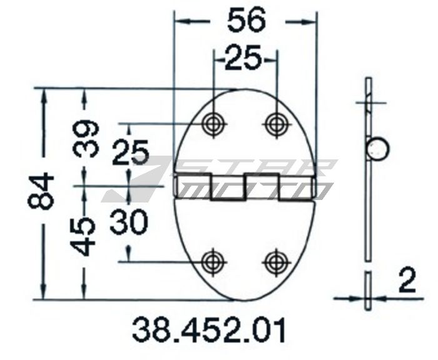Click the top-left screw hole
214,124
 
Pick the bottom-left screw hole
214,262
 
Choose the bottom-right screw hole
276,262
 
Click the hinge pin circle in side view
378,150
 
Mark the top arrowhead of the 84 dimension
44,94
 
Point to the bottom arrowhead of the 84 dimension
44,294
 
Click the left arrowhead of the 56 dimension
178,21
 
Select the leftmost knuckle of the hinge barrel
193,185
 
